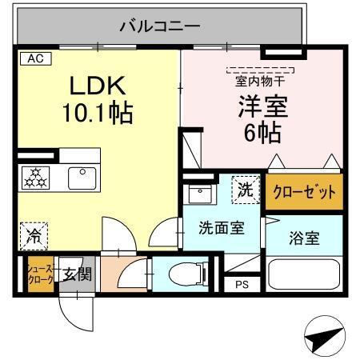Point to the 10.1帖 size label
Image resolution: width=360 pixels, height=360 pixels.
pos(98,113)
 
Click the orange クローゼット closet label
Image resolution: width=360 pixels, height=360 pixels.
pos(304,193)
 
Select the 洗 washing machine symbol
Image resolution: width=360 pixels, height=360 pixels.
pos(246,190)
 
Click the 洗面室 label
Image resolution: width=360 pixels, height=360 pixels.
pos(221,227)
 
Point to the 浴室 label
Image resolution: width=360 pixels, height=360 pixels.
pos(304,238)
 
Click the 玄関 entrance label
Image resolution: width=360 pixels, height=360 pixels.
pos(77,274)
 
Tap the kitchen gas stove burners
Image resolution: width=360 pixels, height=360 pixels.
pos(36,177)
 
